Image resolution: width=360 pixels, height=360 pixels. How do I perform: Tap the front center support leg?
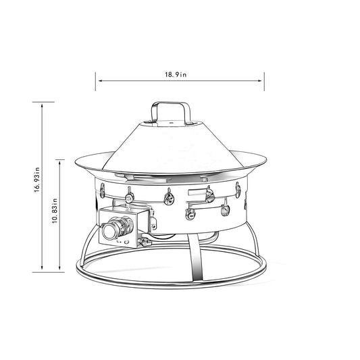(195, 260)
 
